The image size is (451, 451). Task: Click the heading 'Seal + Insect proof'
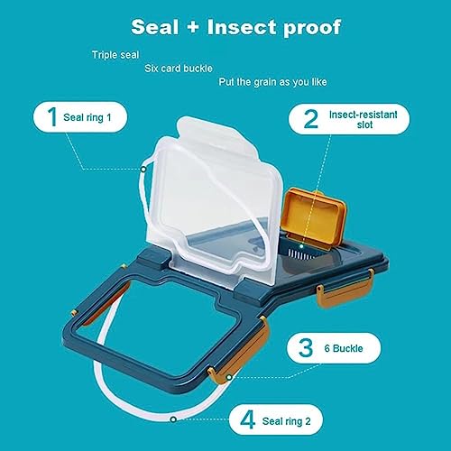click(236, 27)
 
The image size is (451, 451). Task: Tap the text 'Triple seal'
click(115, 55)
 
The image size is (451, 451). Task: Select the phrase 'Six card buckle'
click(179, 69)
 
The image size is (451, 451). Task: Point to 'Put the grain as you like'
click(272, 82)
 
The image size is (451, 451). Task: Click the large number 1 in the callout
click(52, 116)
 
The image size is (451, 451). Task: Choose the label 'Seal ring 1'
click(87, 117)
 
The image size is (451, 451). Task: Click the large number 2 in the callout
click(311, 119)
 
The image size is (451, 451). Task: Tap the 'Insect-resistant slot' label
click(364, 119)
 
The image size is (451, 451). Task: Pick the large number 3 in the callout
click(306, 348)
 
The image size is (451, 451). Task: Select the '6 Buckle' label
click(344, 348)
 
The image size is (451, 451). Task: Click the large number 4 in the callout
click(248, 419)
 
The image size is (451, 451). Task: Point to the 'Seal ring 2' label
click(287, 421)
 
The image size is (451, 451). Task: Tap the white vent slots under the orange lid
click(300, 254)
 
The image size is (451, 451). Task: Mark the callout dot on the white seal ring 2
click(173, 419)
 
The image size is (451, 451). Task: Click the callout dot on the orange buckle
click(229, 377)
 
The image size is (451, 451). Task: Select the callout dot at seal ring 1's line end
click(143, 170)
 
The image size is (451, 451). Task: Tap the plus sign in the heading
click(193, 27)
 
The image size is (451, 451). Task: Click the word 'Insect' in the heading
click(242, 27)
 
